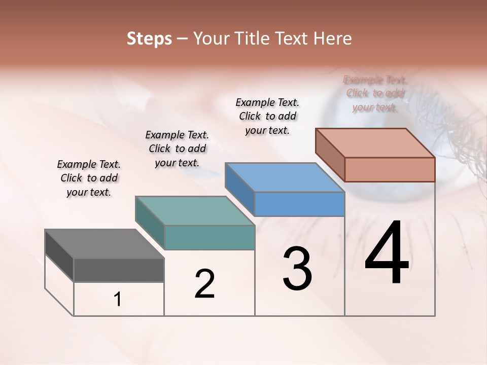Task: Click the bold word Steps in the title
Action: pos(149,39)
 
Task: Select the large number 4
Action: pos(387,253)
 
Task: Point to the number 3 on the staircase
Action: pos(297,269)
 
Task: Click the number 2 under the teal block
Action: pos(205,284)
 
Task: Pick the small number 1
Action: pos(118,300)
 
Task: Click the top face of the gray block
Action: pos(104,244)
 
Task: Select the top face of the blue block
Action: pos(284,177)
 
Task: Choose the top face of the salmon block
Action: pos(375,143)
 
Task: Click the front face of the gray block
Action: pos(119,270)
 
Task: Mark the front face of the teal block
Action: pos(210,237)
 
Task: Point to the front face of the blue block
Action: pos(299,204)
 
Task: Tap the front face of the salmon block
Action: pos(390,169)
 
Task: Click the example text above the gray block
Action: pos(89,178)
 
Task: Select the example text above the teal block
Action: pos(177,149)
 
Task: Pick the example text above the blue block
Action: pos(267,116)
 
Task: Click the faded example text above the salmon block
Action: pos(375,93)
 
